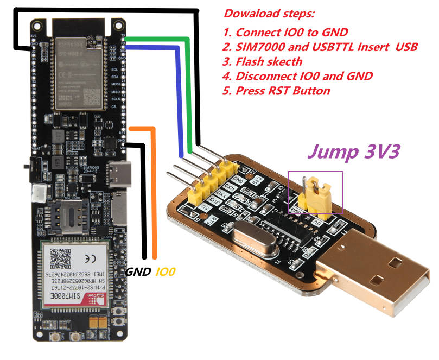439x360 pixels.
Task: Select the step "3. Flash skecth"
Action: (263, 61)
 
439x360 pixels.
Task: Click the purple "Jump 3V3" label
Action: (353, 150)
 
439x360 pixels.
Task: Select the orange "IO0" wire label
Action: (166, 271)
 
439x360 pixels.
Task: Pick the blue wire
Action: (179, 98)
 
